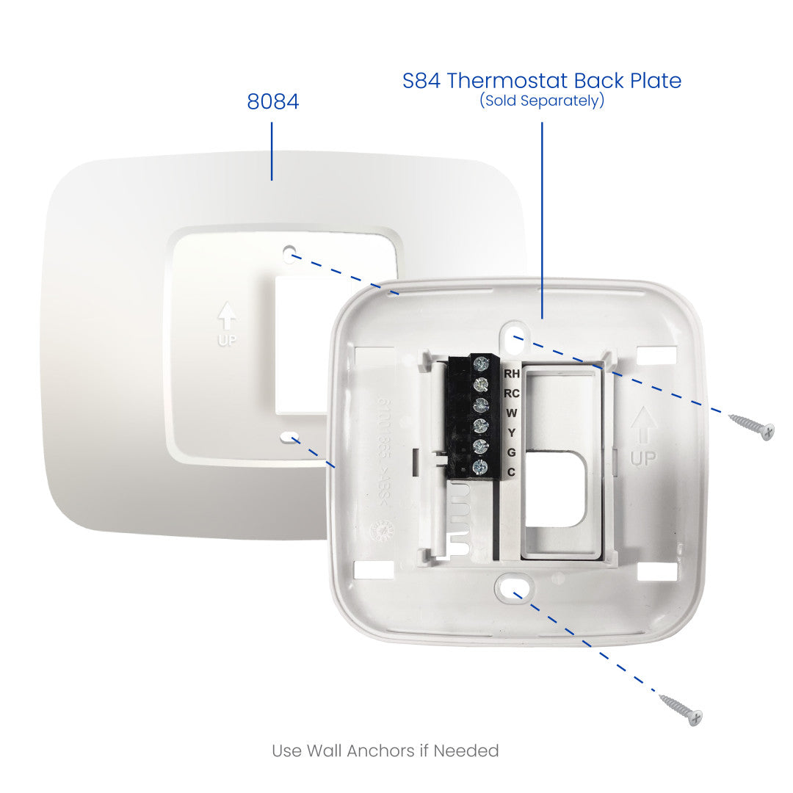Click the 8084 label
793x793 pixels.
tap(273, 101)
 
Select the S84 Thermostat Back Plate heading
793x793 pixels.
tap(542, 81)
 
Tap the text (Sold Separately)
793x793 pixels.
tap(542, 101)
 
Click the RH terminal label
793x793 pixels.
tap(512, 374)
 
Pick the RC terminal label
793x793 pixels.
tap(512, 394)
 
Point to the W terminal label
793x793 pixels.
tap(512, 413)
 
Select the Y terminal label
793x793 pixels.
tap(512, 432)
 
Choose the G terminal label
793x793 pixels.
tap(512, 452)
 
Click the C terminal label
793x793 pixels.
tap(512, 472)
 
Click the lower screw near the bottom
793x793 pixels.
tap(681, 709)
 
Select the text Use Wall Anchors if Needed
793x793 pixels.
tap(385, 750)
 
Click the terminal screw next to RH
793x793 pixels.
tap(482, 363)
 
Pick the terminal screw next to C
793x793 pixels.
tap(482, 467)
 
